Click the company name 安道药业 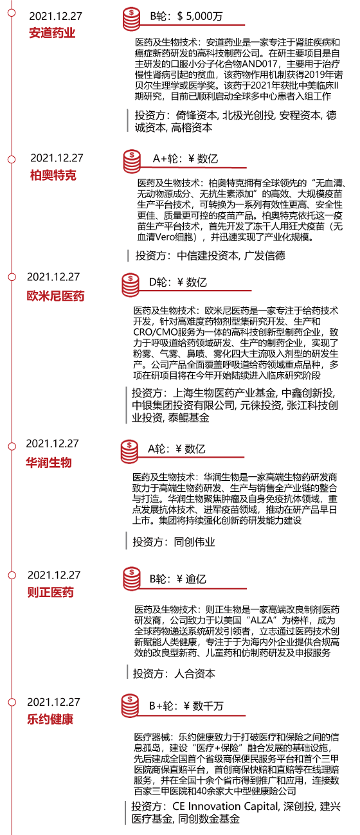52,33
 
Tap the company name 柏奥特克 53,175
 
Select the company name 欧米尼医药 55,296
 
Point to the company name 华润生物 48,463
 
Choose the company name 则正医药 50,592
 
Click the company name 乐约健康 50,719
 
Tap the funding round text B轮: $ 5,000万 186,16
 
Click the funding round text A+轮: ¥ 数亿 185,159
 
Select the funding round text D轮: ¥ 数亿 178,282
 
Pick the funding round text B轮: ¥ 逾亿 178,579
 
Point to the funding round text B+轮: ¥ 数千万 186,706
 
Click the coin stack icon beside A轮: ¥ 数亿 129,452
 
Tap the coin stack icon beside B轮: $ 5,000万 131,19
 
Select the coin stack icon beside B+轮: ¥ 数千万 130,706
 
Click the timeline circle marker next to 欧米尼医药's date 12,277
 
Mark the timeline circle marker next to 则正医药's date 12,575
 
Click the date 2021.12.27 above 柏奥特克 57,158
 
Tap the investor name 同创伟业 195,542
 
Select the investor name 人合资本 195,674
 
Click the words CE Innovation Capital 226,806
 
